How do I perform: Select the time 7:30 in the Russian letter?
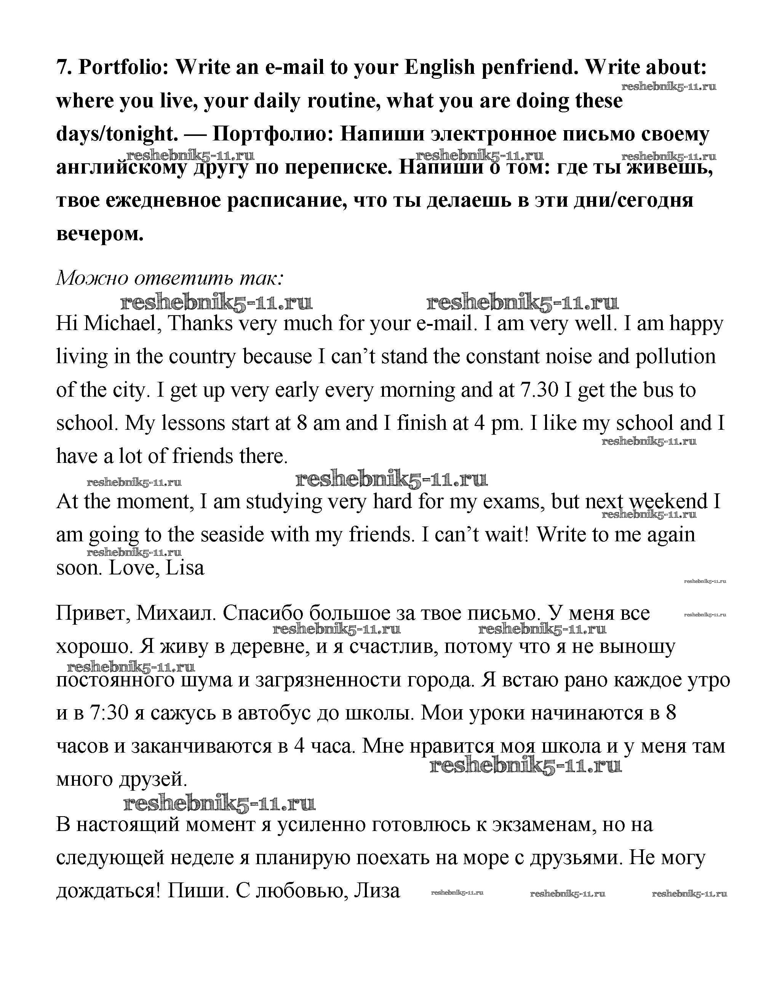point(110,713)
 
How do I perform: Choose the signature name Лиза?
point(377,891)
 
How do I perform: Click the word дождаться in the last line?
point(108,891)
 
